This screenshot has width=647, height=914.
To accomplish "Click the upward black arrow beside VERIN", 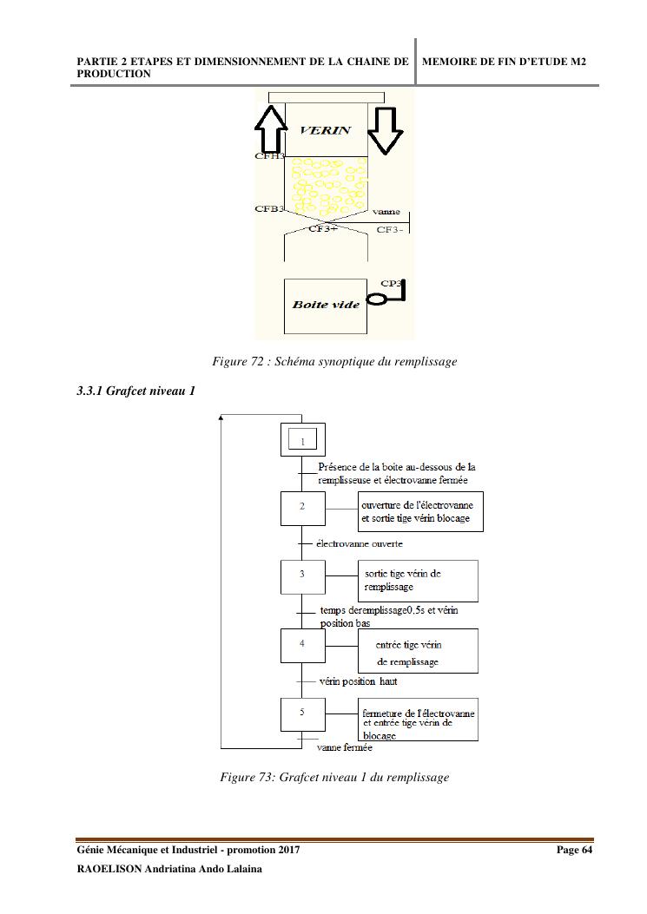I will coord(270,130).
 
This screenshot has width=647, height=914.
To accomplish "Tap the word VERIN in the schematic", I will coord(325,130).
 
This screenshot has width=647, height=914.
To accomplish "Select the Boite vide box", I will coord(326,306).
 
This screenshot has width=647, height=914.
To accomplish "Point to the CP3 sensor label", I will coord(392,283).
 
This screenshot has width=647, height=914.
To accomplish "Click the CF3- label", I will coord(390,229).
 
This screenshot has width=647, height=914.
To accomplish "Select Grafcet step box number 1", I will coord(302,441).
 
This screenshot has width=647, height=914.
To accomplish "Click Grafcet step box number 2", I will coord(302,508).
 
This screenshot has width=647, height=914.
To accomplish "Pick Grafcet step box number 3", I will coord(302,575).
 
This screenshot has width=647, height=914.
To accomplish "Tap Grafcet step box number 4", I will coord(302,645).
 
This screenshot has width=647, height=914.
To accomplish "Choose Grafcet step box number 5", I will coord(302,713).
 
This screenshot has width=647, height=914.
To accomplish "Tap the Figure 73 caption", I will coord(334,777).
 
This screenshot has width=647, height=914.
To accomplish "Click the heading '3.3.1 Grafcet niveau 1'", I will coord(135,391).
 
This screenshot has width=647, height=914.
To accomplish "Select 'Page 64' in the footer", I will coord(574,850).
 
